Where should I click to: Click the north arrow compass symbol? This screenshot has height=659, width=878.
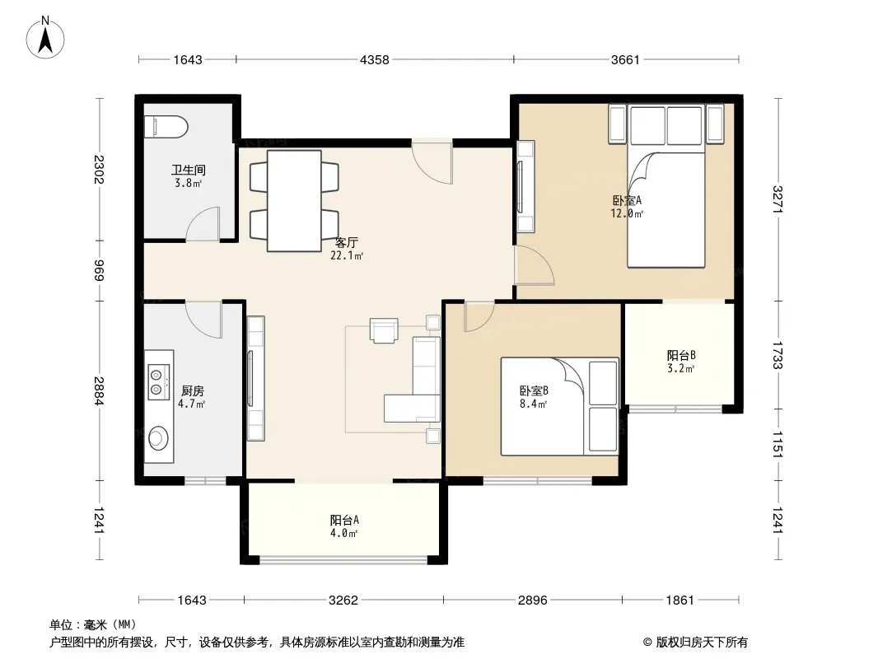[x=45, y=38]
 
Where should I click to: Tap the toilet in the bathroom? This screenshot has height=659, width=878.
[x=166, y=127]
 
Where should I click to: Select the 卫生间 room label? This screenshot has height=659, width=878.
[x=188, y=169]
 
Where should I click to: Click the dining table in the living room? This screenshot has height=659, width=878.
[x=294, y=200]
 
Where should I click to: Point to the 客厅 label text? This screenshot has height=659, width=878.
[x=346, y=242]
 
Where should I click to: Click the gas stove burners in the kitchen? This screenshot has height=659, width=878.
[x=158, y=381]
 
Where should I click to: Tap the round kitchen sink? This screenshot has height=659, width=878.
[x=158, y=438]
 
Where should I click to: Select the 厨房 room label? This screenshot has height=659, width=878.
[x=193, y=390]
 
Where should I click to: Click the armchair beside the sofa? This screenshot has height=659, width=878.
[x=384, y=330]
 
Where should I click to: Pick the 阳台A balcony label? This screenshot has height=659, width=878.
[x=344, y=520]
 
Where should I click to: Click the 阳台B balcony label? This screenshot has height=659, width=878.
[x=681, y=355]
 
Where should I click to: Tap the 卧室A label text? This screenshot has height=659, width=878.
[x=627, y=200]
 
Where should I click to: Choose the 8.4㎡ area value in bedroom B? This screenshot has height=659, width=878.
[x=533, y=404]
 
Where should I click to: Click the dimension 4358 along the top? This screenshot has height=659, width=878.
[x=374, y=59]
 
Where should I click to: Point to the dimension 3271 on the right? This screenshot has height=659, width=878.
[x=777, y=199]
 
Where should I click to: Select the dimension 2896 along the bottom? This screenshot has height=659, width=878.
[x=533, y=601]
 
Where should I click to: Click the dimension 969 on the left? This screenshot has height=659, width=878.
[x=99, y=271]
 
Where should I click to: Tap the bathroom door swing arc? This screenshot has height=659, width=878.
[x=202, y=224]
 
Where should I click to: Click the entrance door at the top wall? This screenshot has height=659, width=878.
[x=432, y=161]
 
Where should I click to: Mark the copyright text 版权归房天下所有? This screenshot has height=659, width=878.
[x=702, y=643]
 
